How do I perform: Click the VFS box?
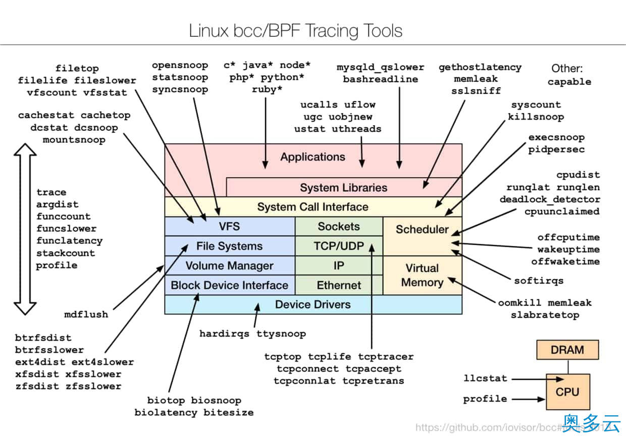230,227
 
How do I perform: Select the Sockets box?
339,227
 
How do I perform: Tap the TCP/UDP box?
339,246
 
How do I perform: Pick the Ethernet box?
339,285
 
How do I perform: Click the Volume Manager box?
230,266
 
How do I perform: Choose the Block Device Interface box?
230,285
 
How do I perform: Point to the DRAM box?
567,350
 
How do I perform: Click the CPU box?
567,392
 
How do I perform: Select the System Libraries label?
343,188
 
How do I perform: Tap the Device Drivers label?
312,304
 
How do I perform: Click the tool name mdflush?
86,314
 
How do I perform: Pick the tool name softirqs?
539,281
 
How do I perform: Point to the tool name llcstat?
485,378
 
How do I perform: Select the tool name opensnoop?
180,65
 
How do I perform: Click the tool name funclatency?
69,241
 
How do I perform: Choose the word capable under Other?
569,82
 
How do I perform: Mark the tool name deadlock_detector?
550,199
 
